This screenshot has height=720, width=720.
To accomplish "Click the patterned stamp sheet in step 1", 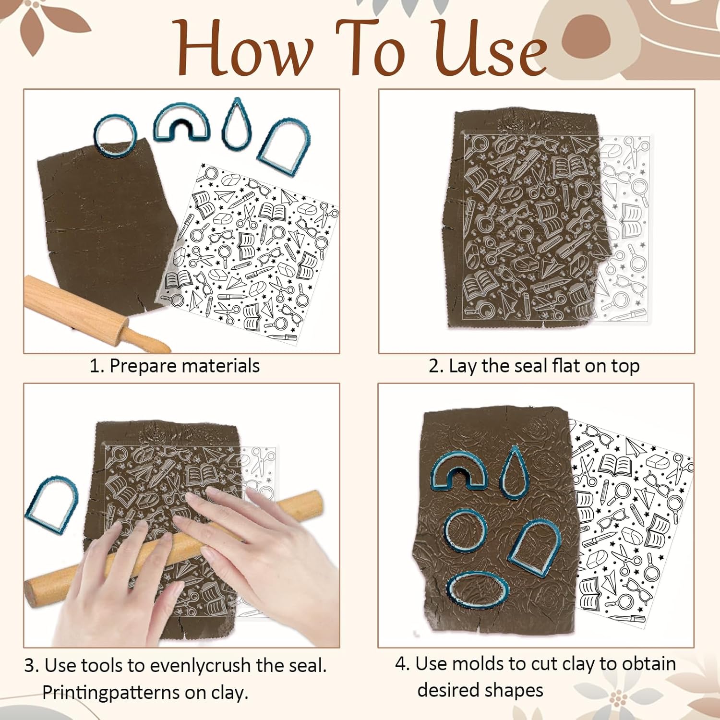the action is click(x=250, y=254).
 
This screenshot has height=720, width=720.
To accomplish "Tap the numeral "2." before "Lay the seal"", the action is click(x=436, y=366).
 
